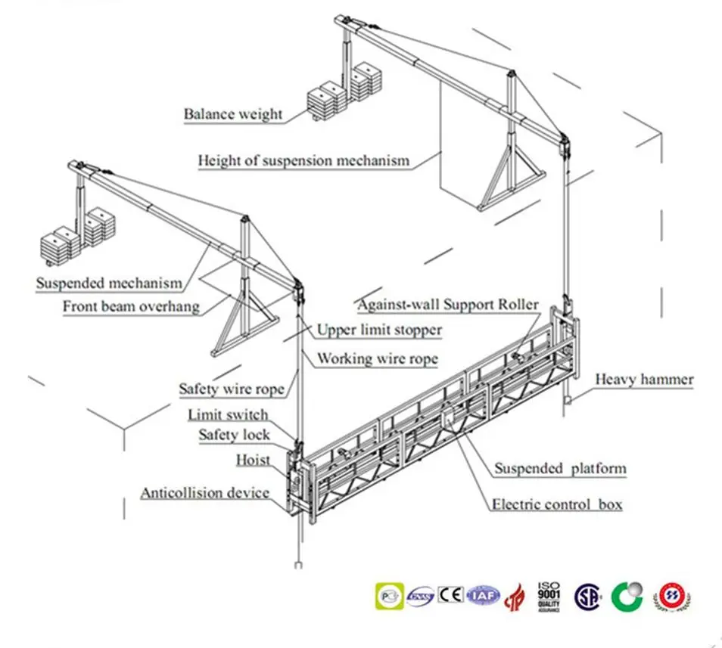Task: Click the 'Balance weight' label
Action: click(233, 115)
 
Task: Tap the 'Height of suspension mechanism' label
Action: click(303, 160)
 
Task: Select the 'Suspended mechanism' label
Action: click(109, 284)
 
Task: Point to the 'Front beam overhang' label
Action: click(131, 306)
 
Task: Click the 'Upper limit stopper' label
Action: click(379, 330)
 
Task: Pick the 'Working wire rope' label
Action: click(377, 358)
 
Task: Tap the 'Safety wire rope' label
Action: click(232, 389)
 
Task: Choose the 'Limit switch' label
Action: click(227, 414)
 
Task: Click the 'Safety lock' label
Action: click(234, 435)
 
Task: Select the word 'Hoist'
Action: click(253, 460)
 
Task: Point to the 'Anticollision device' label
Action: click(204, 493)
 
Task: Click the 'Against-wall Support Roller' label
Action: click(448, 305)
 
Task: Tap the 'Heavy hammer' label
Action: click(643, 379)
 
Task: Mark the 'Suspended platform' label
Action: click(560, 469)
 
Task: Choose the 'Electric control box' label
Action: click(557, 504)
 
